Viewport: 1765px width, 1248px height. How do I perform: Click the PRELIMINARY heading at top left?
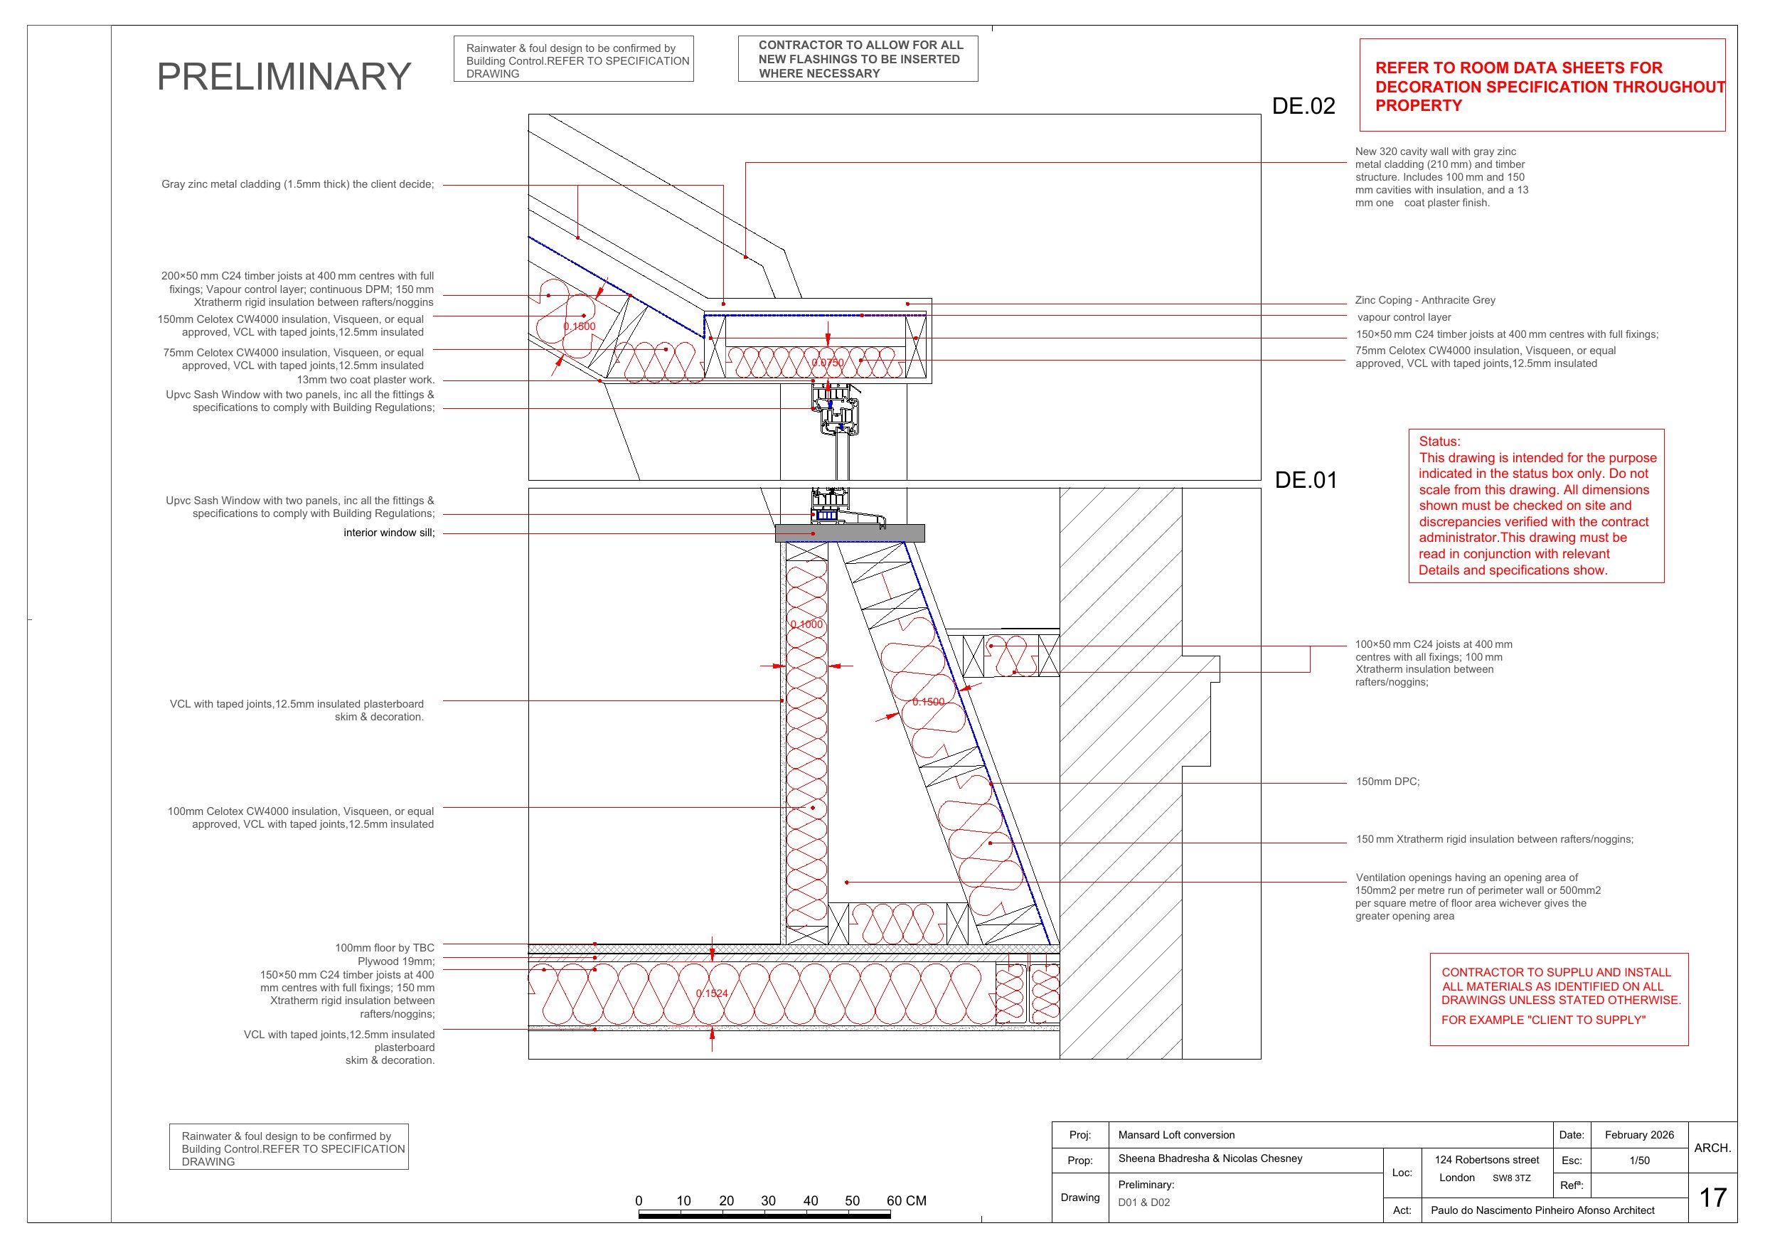(x=284, y=76)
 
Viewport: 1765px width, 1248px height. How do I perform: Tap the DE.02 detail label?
(x=1303, y=106)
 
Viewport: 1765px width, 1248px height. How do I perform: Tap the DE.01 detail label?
(x=1306, y=480)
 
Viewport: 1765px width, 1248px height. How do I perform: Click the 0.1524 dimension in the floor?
(x=712, y=993)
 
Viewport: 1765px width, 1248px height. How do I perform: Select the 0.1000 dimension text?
(x=806, y=624)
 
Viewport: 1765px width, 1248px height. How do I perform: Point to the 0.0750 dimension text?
(x=828, y=362)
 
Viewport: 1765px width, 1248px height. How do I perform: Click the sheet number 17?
(x=1712, y=1198)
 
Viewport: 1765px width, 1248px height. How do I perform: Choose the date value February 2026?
(x=1639, y=1135)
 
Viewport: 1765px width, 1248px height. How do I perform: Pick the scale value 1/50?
(x=1640, y=1161)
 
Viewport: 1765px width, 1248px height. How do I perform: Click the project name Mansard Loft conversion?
(x=1176, y=1135)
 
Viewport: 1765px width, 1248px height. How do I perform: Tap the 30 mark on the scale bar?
(x=768, y=1201)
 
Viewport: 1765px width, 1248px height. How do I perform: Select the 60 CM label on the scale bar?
(x=907, y=1201)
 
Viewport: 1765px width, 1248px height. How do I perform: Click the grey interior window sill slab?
(x=850, y=533)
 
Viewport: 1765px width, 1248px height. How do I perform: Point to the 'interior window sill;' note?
(x=389, y=533)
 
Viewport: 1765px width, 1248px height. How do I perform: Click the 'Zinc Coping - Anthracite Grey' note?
(x=1425, y=300)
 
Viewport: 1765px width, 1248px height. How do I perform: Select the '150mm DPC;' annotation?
(x=1387, y=782)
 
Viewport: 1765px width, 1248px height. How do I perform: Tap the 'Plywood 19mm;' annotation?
(x=396, y=961)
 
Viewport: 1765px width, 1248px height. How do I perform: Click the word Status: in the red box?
(x=1439, y=442)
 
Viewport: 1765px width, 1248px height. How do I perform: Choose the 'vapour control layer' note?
(x=1404, y=318)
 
